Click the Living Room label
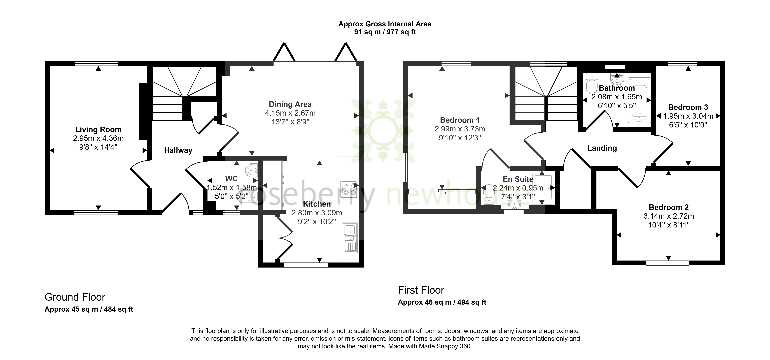98,129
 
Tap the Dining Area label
290,104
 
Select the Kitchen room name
317,204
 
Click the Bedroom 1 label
460,120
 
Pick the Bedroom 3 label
688,107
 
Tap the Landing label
602,148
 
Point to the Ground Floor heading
75,297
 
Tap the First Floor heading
421,290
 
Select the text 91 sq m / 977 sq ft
385,32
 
